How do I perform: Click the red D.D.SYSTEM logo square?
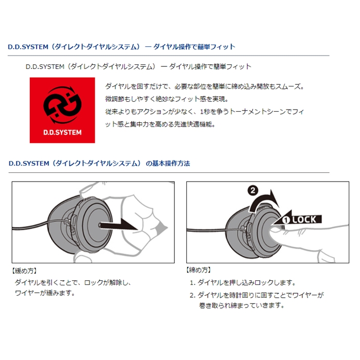click(62, 110)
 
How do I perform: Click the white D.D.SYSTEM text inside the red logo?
click(62, 133)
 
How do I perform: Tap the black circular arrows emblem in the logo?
click(62, 105)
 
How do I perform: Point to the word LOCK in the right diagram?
click(304, 220)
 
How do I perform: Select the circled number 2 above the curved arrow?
click(253, 191)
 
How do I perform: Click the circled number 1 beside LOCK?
click(286, 220)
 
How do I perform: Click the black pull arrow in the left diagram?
click(118, 225)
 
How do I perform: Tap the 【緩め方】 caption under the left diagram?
click(24, 271)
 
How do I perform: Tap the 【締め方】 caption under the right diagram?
click(199, 270)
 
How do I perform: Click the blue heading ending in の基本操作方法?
click(99, 164)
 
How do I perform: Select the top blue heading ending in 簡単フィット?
click(121, 47)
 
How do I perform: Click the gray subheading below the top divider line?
click(138, 66)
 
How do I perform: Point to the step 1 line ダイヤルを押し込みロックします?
click(242, 283)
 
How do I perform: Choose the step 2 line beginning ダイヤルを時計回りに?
click(257, 295)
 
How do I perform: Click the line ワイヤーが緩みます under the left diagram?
click(45, 293)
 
